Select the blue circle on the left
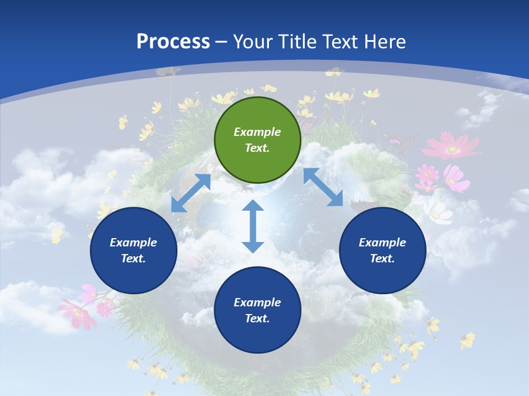133,250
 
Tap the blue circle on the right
382,250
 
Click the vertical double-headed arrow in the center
253,226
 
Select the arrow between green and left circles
191,193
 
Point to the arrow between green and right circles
323,187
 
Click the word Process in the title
173,41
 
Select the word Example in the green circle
257,132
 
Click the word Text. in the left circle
133,258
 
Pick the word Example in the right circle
382,243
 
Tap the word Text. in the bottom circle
257,318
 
